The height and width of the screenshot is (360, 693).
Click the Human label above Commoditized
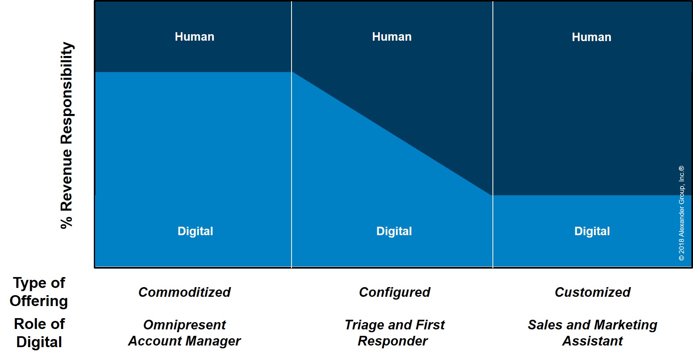click(x=194, y=37)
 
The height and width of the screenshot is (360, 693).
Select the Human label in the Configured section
click(x=392, y=37)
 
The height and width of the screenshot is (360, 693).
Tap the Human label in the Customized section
click(x=592, y=37)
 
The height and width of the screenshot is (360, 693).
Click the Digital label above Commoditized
click(x=195, y=231)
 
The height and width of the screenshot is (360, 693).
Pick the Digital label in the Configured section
click(x=394, y=231)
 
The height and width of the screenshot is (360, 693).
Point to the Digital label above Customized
click(x=592, y=231)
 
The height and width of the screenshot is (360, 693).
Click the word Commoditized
click(x=184, y=292)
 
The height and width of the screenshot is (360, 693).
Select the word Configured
click(x=395, y=292)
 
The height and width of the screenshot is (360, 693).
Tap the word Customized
click(x=593, y=292)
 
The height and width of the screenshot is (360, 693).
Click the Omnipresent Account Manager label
click(x=184, y=333)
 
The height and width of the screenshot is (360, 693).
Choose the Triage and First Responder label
click(x=395, y=333)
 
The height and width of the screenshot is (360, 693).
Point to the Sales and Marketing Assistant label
click(x=593, y=333)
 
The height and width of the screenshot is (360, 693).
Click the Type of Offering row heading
click(x=39, y=292)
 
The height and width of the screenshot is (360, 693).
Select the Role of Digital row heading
click(x=39, y=333)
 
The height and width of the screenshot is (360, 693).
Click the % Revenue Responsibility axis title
click(x=67, y=135)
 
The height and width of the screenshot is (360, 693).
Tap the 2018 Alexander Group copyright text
click(x=681, y=213)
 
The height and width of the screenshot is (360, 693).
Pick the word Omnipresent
click(x=184, y=325)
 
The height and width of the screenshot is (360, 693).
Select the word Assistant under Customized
click(x=593, y=341)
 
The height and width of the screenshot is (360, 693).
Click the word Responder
click(x=393, y=341)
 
